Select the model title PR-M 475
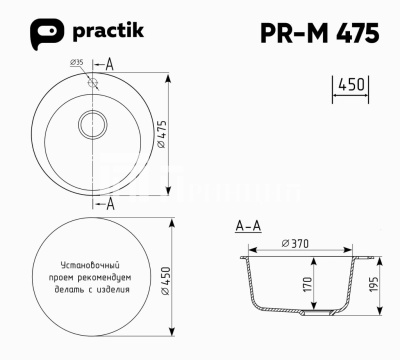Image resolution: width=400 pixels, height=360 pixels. [317, 33]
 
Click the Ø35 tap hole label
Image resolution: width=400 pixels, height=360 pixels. [77, 63]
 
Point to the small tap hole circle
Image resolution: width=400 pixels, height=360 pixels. [92, 83]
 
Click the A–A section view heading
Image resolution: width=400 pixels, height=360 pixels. [248, 227]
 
